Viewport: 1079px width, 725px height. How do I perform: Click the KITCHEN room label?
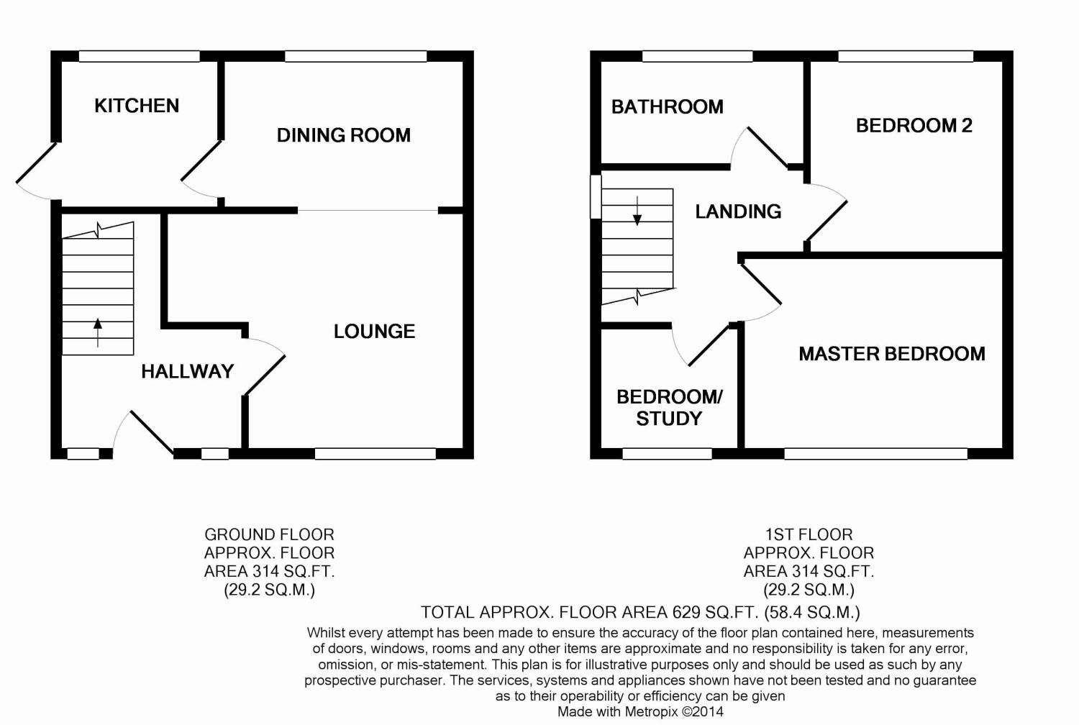click(137, 106)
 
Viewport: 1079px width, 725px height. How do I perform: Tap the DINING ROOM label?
click(343, 135)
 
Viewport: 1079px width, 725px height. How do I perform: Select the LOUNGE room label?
click(374, 332)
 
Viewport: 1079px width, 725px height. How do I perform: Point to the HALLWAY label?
click(187, 371)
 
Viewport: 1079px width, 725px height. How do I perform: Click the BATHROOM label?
click(667, 107)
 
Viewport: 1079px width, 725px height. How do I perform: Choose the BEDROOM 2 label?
click(914, 126)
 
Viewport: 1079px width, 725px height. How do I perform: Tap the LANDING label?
click(738, 211)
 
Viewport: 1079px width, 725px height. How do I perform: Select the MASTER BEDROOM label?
click(892, 354)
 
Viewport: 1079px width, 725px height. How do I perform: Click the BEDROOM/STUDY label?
click(669, 408)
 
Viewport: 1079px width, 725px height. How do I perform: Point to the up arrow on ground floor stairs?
click(98, 332)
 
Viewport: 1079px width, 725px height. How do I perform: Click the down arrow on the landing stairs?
click(637, 211)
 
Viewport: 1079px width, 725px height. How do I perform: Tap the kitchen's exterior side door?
click(36, 170)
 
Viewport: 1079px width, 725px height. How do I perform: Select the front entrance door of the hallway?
click(143, 432)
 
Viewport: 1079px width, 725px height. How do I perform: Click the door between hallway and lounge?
click(265, 366)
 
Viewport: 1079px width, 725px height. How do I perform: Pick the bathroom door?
click(760, 147)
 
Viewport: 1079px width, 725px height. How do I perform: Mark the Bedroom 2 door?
click(826, 212)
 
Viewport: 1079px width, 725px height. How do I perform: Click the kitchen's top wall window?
click(140, 56)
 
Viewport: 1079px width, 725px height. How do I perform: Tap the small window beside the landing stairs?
click(596, 196)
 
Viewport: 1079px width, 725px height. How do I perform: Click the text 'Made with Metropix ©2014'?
click(640, 711)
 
